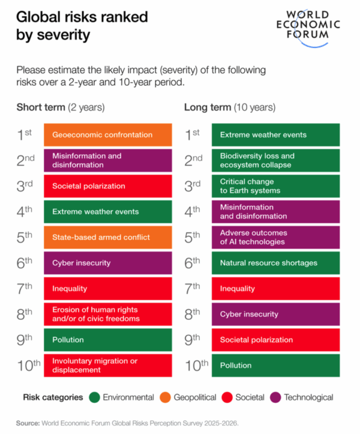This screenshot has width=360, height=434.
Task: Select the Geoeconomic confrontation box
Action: click(107, 135)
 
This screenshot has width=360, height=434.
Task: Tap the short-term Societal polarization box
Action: click(107, 186)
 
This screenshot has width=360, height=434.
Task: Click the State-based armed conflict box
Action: click(107, 237)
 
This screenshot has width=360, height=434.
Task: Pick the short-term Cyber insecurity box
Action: click(107, 263)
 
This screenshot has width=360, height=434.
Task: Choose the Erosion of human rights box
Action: click(107, 314)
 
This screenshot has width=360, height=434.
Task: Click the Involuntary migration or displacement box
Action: click(107, 365)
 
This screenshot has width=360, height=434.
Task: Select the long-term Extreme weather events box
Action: click(275, 135)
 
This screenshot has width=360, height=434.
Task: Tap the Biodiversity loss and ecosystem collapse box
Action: click(275, 160)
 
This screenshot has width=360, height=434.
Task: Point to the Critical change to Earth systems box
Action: click(275, 186)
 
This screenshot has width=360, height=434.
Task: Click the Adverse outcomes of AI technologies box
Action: click(275, 237)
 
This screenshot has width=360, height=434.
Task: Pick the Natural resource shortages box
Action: click(275, 263)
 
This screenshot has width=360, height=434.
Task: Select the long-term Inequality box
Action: click(275, 289)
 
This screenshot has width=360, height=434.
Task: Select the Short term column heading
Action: click(60, 107)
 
